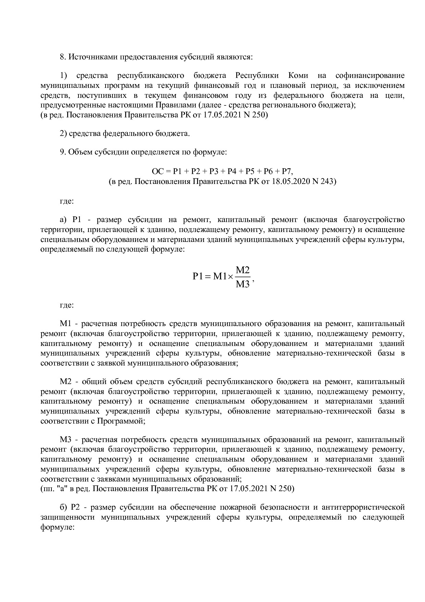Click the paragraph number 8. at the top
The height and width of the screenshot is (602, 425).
tap(63, 57)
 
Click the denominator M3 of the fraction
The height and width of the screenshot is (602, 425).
tap(243, 285)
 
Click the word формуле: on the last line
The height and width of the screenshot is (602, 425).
tap(58, 527)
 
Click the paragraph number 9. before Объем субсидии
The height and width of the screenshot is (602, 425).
tap(63, 152)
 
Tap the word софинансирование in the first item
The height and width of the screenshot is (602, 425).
tap(370, 76)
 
